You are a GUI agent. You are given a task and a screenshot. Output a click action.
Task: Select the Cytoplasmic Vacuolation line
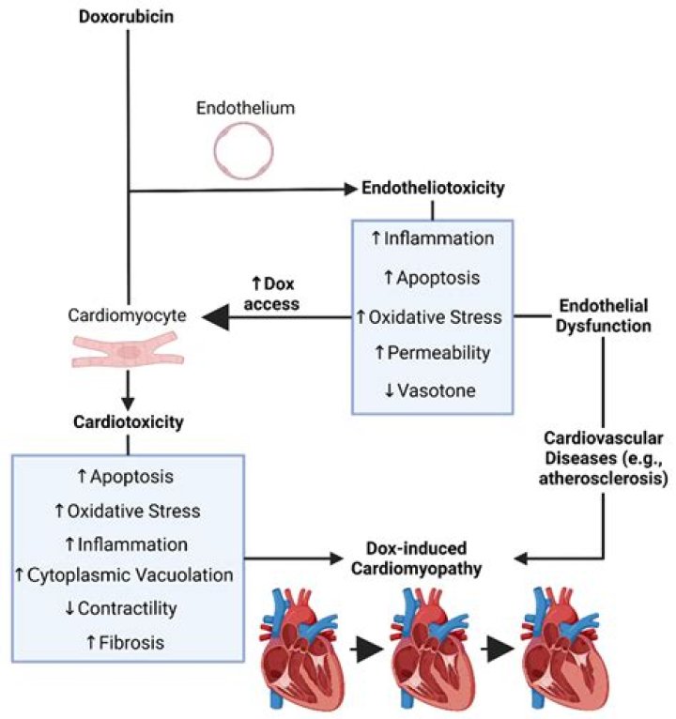(128, 574)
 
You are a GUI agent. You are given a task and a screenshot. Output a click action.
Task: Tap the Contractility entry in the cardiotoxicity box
(128, 606)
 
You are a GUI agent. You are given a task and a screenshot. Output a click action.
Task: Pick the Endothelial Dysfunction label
(602, 318)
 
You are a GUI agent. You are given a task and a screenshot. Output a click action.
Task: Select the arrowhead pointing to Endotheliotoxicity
(350, 189)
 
